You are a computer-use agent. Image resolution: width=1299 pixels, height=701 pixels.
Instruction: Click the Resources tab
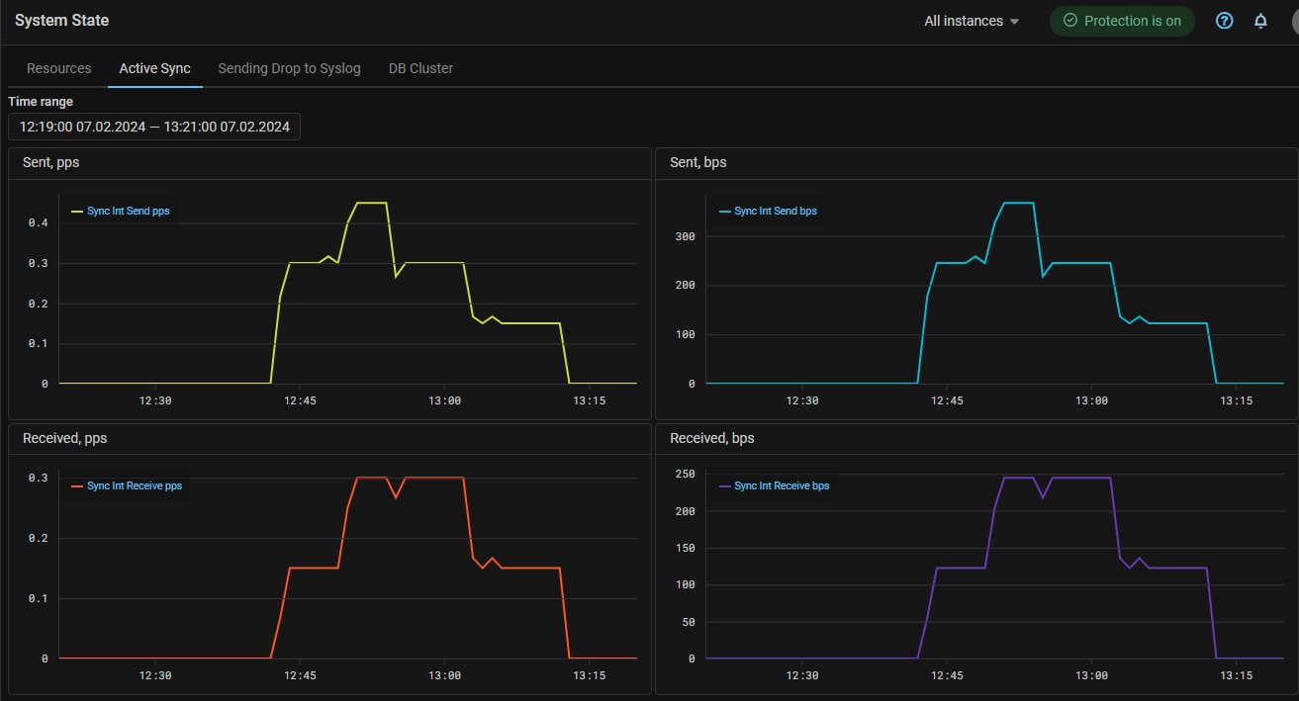click(x=59, y=68)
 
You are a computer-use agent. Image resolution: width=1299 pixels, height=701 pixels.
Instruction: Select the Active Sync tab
click(x=155, y=68)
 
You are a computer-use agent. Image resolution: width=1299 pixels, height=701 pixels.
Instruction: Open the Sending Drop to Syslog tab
click(x=289, y=68)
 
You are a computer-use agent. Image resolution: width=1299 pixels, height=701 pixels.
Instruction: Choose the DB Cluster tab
click(x=421, y=68)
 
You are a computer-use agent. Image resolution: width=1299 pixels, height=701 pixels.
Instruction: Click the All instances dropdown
click(x=972, y=21)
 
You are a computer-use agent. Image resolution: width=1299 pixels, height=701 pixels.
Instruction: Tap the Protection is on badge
click(x=1122, y=21)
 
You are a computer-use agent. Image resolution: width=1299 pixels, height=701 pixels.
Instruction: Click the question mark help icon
click(x=1225, y=21)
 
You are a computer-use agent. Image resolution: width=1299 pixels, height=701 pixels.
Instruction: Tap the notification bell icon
click(x=1260, y=21)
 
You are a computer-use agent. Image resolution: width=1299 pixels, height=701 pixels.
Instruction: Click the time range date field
click(x=154, y=127)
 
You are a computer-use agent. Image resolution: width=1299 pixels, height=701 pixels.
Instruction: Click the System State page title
click(x=62, y=20)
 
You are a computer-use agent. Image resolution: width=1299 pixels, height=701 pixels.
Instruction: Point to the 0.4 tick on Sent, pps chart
click(x=38, y=223)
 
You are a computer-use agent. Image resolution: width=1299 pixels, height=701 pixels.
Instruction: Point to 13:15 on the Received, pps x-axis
click(x=590, y=676)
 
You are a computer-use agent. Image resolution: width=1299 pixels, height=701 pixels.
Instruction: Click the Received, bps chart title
click(x=711, y=438)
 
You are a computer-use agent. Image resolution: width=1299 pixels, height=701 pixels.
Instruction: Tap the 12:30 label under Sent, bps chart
click(x=802, y=400)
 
